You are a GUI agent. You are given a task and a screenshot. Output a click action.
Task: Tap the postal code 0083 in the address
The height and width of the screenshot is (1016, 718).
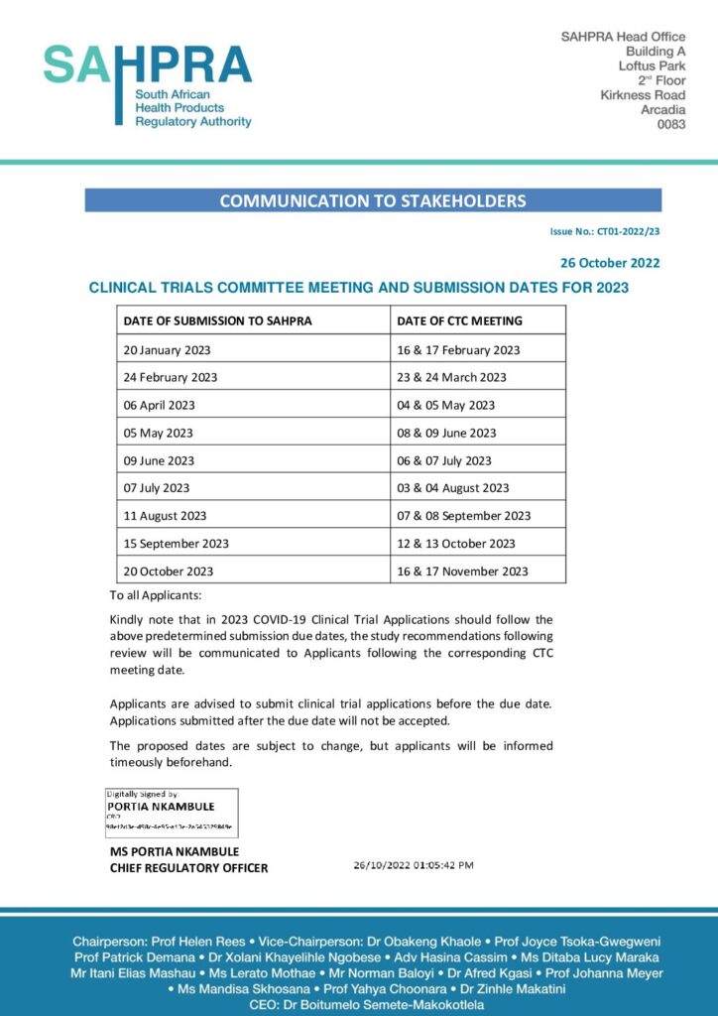pos(671,124)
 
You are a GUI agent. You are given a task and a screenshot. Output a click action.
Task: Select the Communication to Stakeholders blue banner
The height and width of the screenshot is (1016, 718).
pos(372,200)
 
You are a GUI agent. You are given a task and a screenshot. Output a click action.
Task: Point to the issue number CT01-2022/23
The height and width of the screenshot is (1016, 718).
pos(605,231)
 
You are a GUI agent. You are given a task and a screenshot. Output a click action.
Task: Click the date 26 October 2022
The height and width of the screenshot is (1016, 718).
pos(610,263)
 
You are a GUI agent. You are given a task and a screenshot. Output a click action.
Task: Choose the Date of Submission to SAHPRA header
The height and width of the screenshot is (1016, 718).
pos(217,320)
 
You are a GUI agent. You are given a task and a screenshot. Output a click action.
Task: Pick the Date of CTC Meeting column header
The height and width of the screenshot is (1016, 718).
pos(459,320)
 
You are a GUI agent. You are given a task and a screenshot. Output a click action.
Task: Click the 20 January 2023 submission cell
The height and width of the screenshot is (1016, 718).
pos(167,349)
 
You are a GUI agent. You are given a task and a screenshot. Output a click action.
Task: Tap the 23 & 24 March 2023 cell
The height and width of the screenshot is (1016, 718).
pos(451,377)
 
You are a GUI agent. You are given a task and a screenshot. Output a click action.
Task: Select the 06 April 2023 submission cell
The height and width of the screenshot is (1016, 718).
pos(159,405)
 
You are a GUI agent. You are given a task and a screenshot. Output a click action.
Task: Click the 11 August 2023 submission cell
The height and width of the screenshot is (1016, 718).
pos(165,515)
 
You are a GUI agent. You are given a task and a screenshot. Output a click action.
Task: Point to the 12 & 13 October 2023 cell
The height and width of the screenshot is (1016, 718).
pos(456,543)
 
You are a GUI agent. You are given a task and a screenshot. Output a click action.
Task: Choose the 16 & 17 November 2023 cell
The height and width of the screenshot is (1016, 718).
pos(462,571)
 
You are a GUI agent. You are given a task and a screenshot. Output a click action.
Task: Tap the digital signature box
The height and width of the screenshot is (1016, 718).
pos(172,813)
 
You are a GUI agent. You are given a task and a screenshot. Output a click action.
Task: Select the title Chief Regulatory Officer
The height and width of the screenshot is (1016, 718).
pos(188,868)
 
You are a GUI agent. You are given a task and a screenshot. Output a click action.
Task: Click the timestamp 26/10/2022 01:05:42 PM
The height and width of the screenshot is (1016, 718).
pos(414,865)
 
